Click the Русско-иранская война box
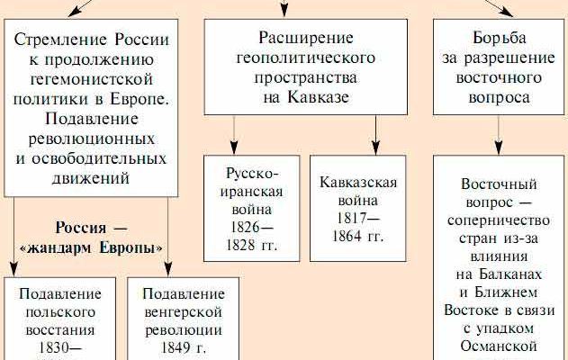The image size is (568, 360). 253,207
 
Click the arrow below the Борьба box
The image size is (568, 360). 499,133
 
